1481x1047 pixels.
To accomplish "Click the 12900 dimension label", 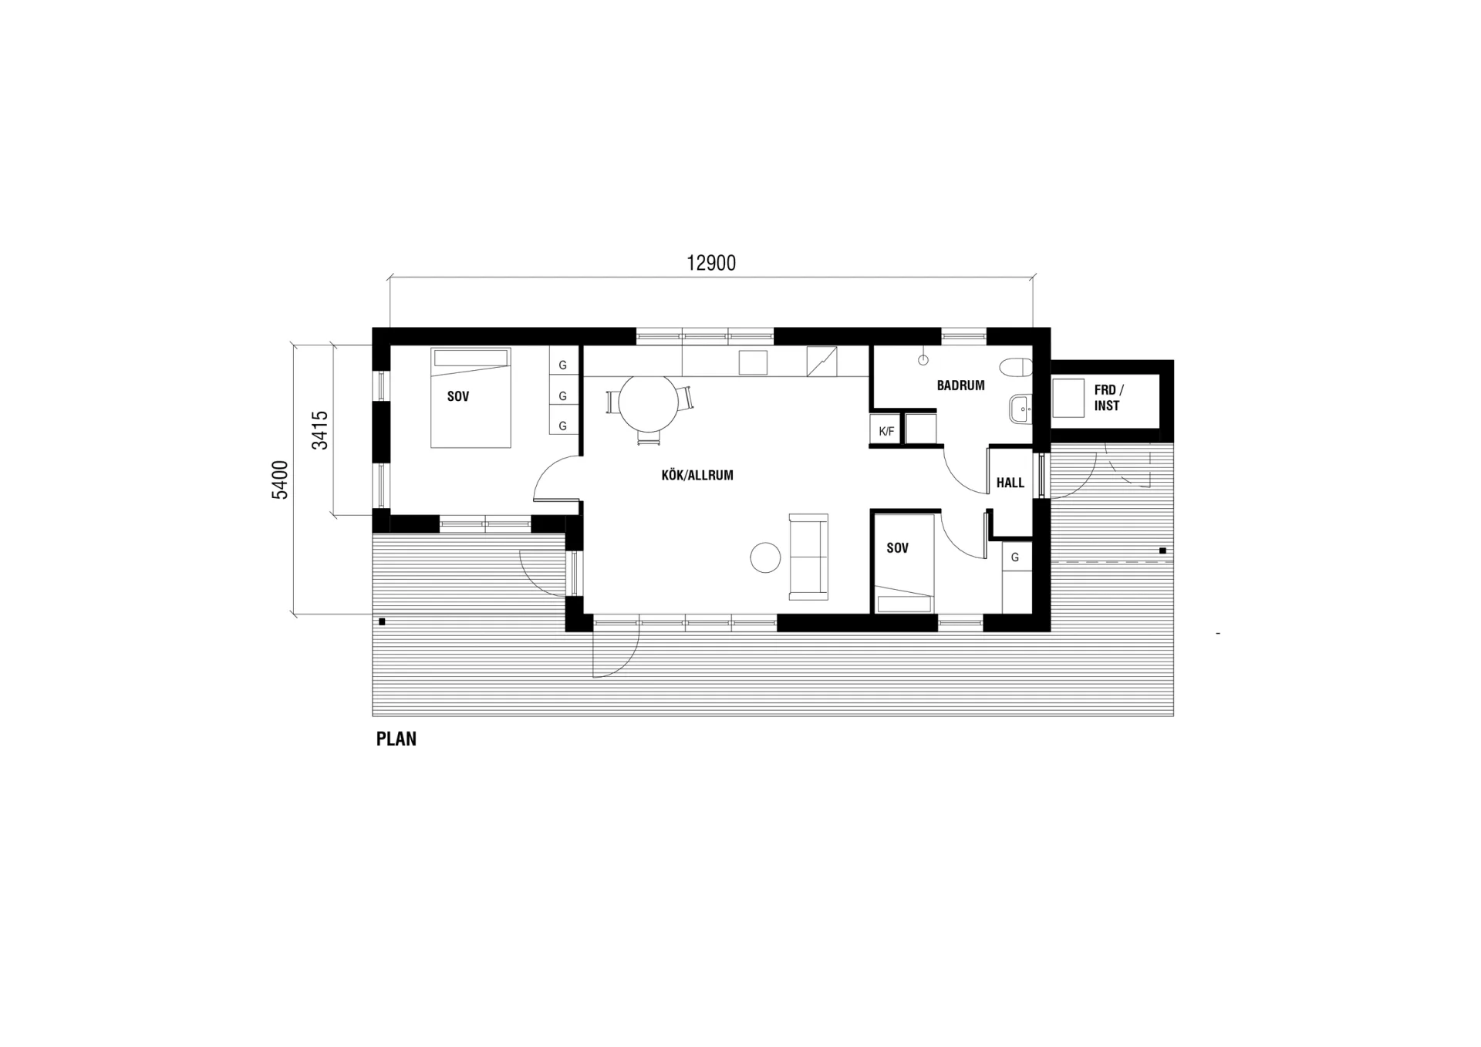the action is tap(711, 263).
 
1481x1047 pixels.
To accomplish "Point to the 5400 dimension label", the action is tap(280, 480).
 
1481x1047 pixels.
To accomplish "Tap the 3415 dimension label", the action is tap(319, 430).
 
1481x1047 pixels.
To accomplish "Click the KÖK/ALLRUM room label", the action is tap(697, 475).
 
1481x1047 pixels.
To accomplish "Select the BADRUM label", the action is tap(960, 385).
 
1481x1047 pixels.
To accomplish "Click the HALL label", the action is tap(1010, 483).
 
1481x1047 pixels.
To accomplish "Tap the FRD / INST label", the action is tap(1108, 398).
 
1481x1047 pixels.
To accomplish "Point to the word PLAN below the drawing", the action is tap(396, 739).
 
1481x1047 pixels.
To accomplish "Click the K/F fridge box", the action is tap(886, 430).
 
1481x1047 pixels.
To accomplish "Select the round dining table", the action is tap(649, 404).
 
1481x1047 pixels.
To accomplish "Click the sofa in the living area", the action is tap(808, 557).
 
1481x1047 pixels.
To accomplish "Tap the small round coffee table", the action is tap(766, 557).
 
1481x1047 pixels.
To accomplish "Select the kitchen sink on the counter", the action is tap(754, 362).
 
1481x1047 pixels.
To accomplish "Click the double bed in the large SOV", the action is tap(471, 398).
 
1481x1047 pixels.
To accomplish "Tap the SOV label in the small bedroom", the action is tap(897, 548).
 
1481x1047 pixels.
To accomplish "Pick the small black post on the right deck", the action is tap(1162, 550).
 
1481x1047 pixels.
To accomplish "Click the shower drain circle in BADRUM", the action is tap(923, 360).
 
